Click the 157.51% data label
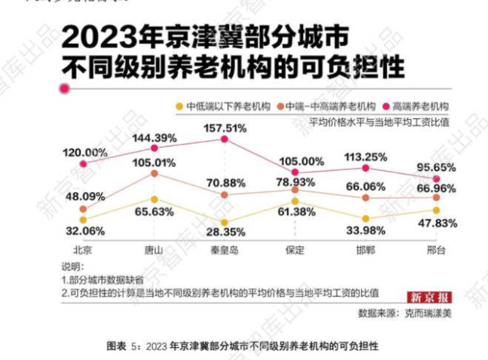224,128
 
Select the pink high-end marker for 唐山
155,148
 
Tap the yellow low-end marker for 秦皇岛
224,223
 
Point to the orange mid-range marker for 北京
83,209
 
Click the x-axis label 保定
294,250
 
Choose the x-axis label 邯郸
365,250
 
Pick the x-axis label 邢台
435,250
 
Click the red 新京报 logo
430,298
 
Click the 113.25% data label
365,157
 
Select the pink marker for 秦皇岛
224,139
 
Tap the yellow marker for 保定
295,201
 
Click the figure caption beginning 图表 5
243,346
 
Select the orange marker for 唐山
155,174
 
